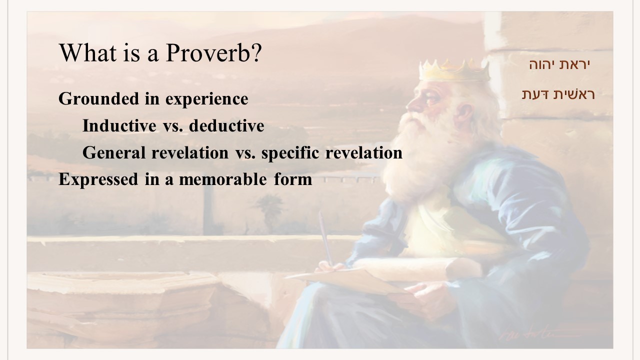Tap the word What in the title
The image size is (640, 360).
pos(87,52)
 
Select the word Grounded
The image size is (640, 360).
pos(98,98)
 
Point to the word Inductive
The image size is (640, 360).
pos(119,125)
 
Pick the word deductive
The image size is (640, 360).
pos(226,125)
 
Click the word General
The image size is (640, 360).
pos(113,152)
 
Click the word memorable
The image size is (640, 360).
pos(223,179)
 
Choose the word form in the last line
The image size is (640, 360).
pos(293,179)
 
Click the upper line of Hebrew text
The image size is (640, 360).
pos(559,64)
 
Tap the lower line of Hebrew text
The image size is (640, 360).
pos(558,94)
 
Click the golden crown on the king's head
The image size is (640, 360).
pos(454,70)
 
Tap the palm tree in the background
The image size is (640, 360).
pos(268,211)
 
